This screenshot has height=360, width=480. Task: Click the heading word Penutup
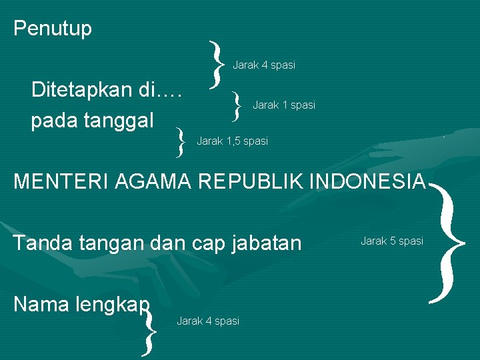(53, 29)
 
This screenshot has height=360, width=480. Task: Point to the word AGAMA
(149, 181)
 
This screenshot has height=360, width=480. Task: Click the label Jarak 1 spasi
(284, 105)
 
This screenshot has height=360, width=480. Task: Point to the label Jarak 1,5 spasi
(232, 141)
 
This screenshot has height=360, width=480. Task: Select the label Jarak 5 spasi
(392, 241)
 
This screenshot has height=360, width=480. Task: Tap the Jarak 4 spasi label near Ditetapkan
(263, 65)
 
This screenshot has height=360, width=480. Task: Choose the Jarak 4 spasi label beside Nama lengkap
(207, 321)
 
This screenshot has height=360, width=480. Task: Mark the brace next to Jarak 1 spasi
(237, 105)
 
